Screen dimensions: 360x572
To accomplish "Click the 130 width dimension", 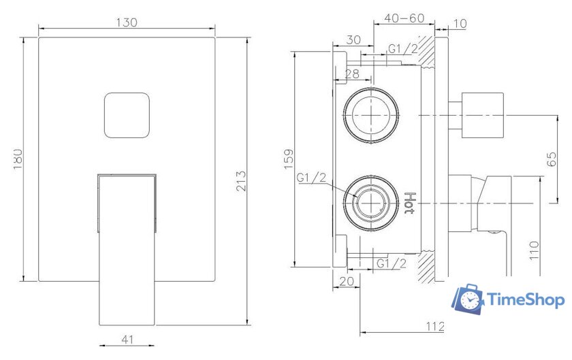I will click(x=127, y=22).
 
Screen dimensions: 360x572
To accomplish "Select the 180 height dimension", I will click(x=18, y=159).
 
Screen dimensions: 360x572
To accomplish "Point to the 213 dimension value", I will click(x=240, y=180).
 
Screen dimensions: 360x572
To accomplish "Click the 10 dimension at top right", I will click(x=459, y=24).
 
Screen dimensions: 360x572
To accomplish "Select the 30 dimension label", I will click(x=353, y=40).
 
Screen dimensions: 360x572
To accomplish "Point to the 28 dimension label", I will click(x=352, y=73).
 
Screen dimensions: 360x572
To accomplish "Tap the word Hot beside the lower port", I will click(x=409, y=203).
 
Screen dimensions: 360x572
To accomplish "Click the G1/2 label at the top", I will click(x=402, y=48).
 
